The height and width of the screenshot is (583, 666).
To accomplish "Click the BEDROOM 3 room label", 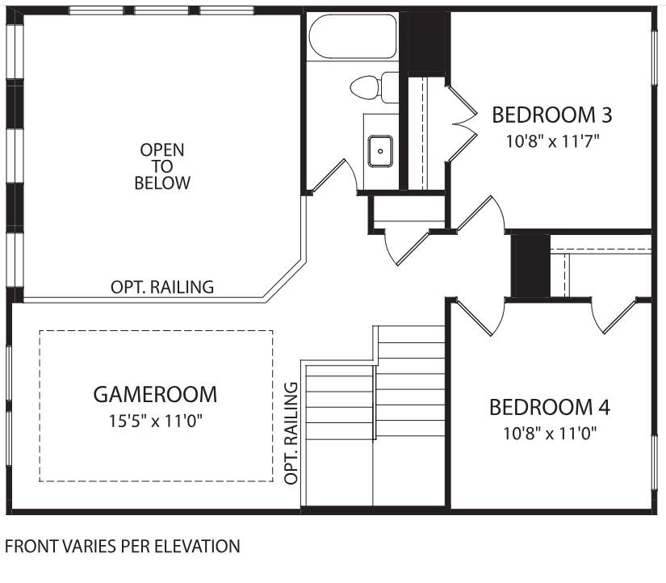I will [x=551, y=115].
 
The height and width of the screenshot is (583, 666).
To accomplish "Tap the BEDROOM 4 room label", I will [x=550, y=406].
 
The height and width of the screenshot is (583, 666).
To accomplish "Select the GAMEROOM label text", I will [x=155, y=395].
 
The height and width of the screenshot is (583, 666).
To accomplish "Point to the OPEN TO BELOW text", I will [x=162, y=166].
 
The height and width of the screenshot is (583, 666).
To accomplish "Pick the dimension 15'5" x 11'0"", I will [x=155, y=422].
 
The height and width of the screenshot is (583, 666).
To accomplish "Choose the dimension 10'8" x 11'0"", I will [x=550, y=433].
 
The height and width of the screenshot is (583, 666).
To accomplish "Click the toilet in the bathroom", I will [x=376, y=87].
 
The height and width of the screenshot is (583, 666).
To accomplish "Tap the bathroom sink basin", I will [x=380, y=150].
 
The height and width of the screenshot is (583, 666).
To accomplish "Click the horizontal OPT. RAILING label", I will [x=162, y=287].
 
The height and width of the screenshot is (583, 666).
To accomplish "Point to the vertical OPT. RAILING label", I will [x=291, y=434].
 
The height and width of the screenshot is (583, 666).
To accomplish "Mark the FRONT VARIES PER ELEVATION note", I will [x=123, y=547].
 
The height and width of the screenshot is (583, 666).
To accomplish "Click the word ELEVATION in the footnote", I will [x=199, y=547].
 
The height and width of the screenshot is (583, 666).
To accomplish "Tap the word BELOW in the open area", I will [x=162, y=183].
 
